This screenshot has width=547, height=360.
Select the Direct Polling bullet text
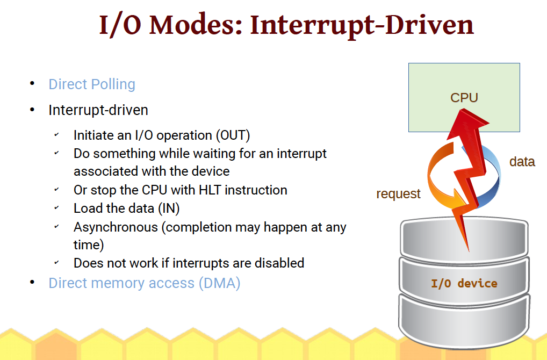(x=92, y=84)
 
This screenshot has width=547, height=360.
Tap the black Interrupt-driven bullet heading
(x=98, y=110)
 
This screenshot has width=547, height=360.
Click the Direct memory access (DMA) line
(x=144, y=283)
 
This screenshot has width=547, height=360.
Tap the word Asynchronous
(x=117, y=227)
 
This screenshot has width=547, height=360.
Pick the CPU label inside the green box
(x=464, y=98)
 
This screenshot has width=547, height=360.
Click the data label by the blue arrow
(x=522, y=161)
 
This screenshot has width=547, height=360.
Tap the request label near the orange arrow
(x=398, y=194)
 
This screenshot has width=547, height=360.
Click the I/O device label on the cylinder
(x=464, y=283)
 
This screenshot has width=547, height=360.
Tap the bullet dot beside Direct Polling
(x=32, y=84)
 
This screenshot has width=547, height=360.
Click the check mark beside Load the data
(x=56, y=207)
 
